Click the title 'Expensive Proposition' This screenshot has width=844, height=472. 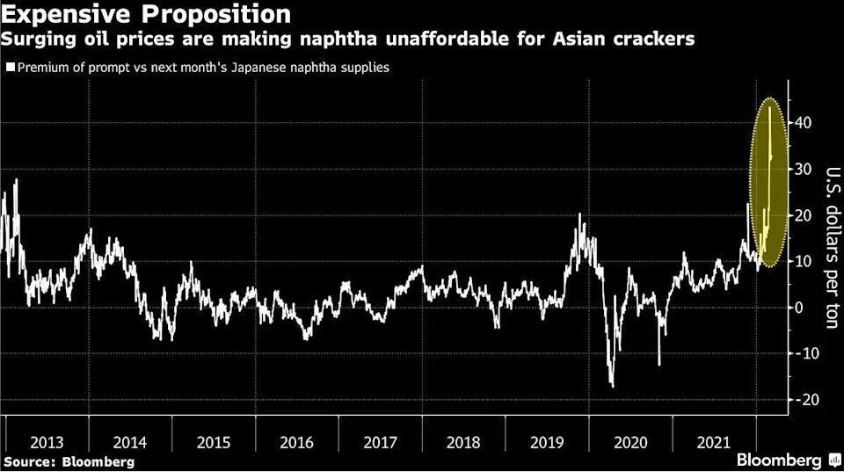[147, 14]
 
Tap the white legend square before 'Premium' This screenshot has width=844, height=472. [10, 67]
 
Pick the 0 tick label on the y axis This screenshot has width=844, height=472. [800, 308]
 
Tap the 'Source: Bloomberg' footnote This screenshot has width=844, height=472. [69, 461]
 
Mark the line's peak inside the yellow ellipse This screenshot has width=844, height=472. [769, 107]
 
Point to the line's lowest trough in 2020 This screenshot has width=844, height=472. [612, 386]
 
